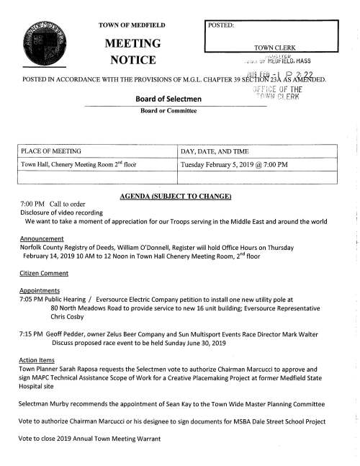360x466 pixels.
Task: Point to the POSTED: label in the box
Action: (222, 25)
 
